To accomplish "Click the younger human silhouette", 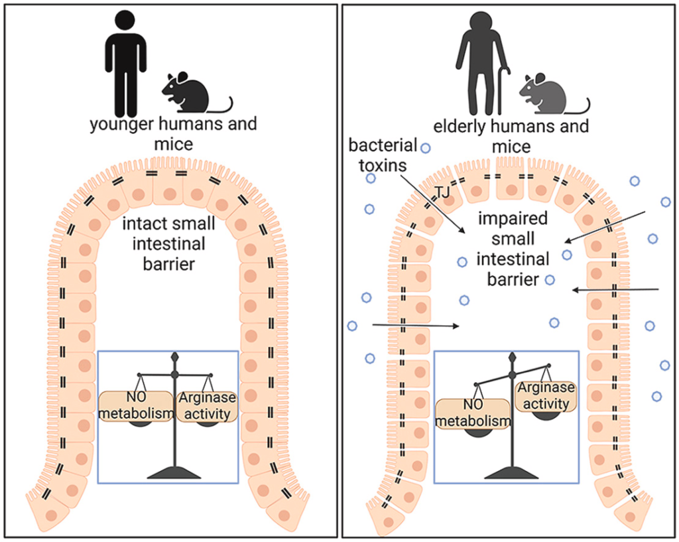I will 125,66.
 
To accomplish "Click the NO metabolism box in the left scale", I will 137,407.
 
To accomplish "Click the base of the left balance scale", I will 175,472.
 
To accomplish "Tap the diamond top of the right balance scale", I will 512,358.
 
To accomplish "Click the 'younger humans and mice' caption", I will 173,133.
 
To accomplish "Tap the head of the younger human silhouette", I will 125,21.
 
